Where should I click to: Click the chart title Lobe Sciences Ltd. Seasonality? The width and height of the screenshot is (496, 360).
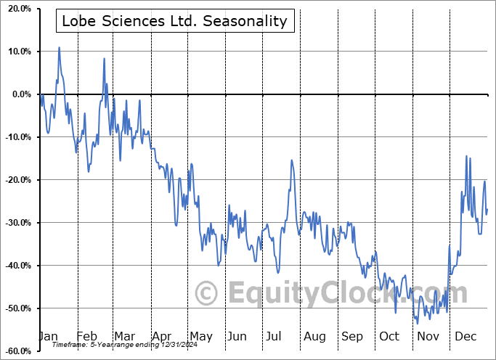coord(175,21)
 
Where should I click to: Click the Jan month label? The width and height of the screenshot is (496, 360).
coord(49,336)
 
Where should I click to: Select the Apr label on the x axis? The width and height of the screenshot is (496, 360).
coord(163,336)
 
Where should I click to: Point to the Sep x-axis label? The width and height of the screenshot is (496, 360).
coord(352,336)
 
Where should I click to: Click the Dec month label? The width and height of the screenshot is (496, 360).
coord(466,336)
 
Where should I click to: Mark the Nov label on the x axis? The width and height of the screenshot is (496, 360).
coord(428,336)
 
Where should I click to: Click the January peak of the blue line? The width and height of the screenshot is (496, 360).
coord(59,47)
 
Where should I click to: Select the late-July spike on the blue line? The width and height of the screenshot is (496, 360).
coord(291,160)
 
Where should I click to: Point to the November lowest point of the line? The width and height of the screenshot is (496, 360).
coord(418,324)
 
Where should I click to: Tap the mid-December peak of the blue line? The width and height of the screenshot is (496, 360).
coord(467,156)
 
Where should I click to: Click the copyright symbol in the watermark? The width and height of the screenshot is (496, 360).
coord(207,294)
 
